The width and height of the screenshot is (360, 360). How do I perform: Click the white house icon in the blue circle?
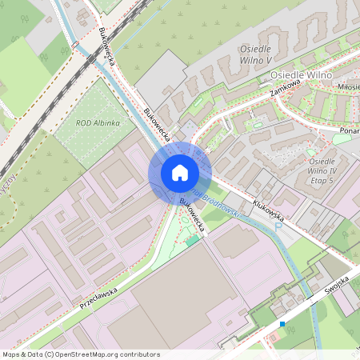point(180,173)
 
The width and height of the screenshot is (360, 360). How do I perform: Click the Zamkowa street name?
point(285,84)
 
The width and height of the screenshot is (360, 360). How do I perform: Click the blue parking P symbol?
point(278,227)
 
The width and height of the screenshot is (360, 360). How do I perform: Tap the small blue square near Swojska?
point(282,324)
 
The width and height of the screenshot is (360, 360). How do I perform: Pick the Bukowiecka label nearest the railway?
point(110,46)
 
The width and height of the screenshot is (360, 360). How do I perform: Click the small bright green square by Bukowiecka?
point(193,238)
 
